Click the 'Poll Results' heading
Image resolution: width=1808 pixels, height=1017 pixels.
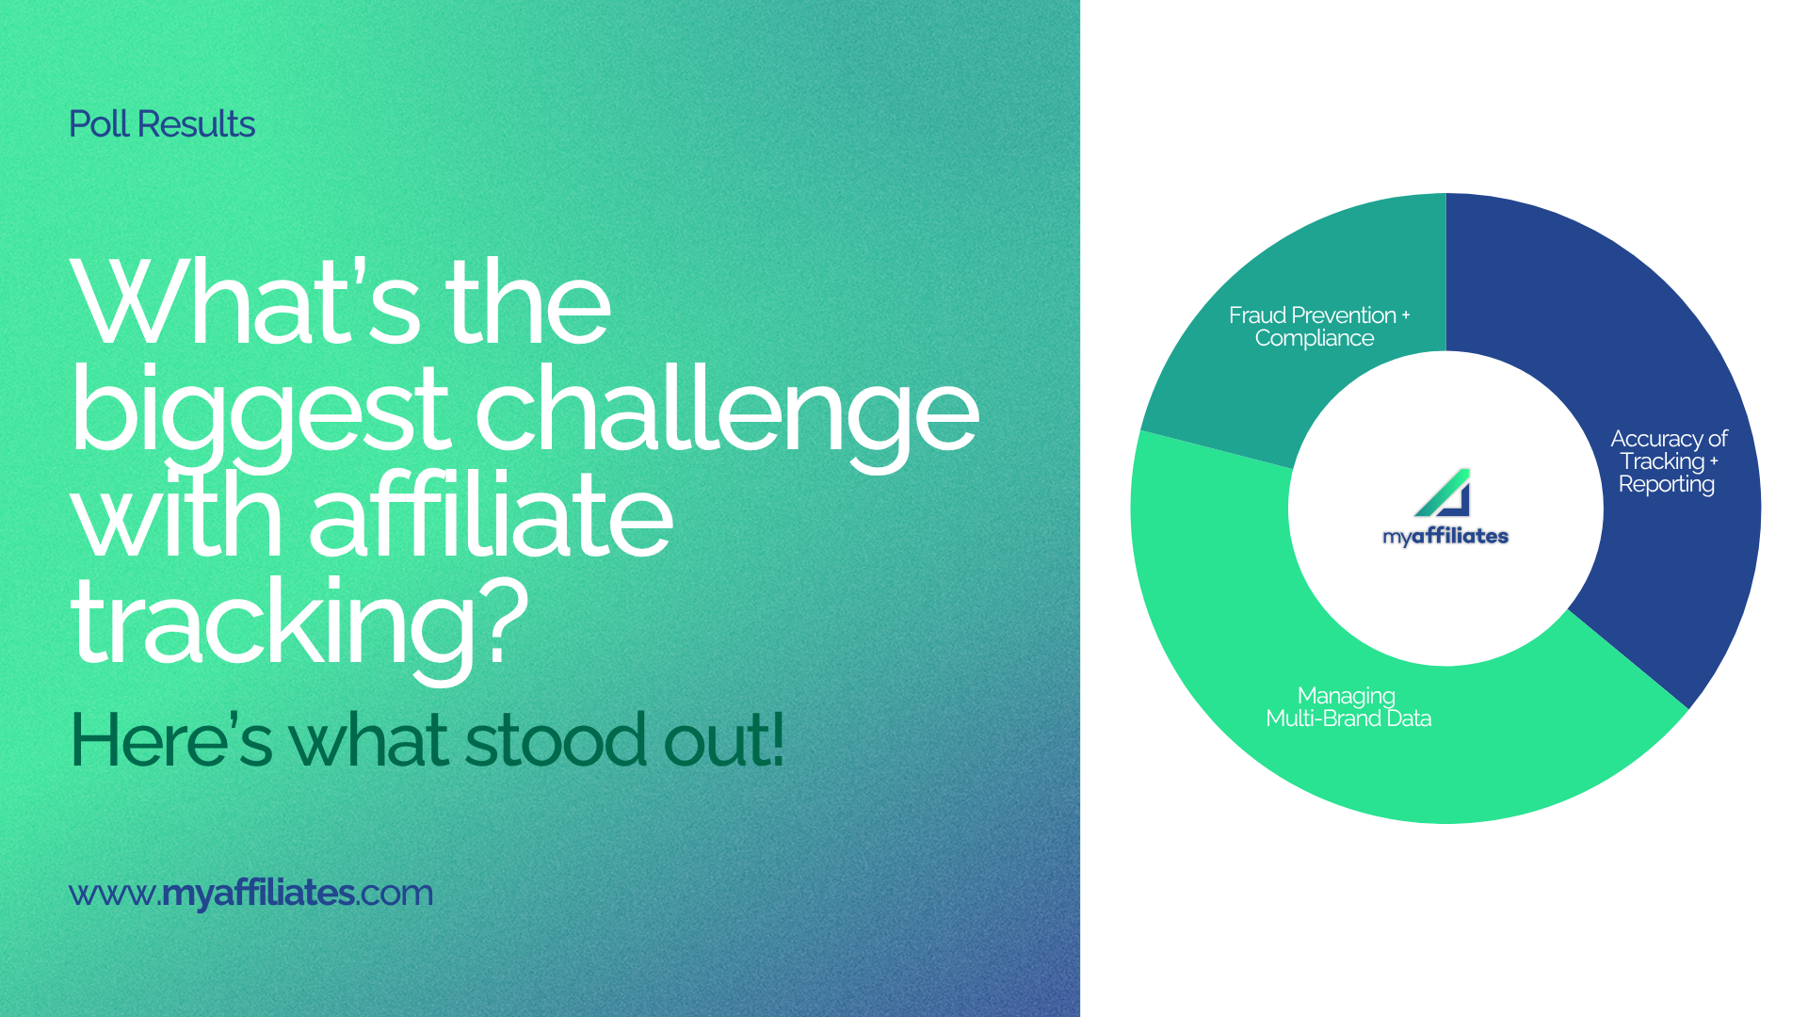click(x=162, y=124)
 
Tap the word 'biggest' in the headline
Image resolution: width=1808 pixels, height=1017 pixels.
click(x=260, y=412)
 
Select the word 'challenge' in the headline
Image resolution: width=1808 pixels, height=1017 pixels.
click(x=726, y=412)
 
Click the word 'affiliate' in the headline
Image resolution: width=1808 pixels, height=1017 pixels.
click(x=491, y=517)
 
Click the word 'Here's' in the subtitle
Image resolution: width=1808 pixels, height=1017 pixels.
click(x=170, y=740)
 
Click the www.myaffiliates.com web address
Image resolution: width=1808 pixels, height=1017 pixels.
click(x=250, y=893)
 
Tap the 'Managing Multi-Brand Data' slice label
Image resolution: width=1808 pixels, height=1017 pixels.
click(x=1348, y=707)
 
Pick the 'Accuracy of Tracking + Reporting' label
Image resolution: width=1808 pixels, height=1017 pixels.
click(x=1668, y=461)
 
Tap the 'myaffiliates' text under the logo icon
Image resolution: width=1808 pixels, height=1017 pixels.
click(x=1445, y=536)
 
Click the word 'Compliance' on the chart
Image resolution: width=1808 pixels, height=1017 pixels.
click(x=1315, y=339)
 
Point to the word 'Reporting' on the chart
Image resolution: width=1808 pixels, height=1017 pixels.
click(x=1667, y=485)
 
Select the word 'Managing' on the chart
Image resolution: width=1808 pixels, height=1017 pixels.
click(x=1347, y=696)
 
